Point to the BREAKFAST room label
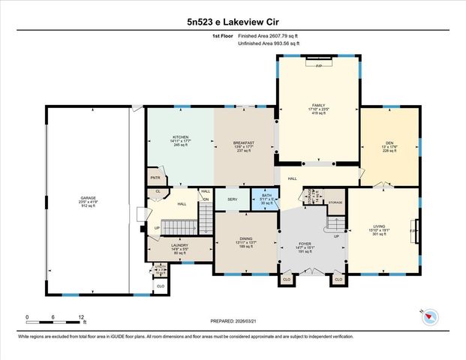click(x=244, y=143)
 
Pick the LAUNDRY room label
click(x=179, y=245)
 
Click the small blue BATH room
click(x=265, y=198)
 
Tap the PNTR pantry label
click(x=155, y=178)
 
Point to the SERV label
click(x=232, y=198)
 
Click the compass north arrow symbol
click(x=428, y=316)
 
